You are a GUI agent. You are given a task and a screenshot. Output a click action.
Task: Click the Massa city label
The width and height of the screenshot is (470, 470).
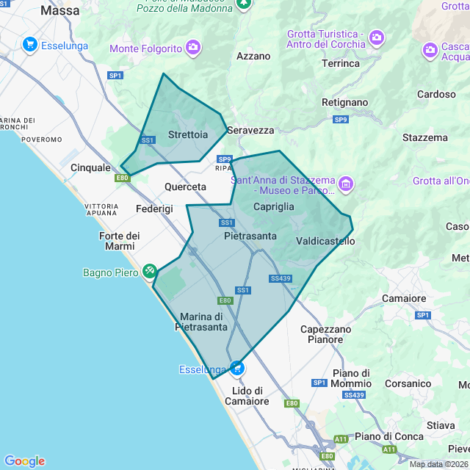(x=60, y=11)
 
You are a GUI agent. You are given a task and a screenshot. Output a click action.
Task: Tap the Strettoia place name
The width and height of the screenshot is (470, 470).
(x=187, y=135)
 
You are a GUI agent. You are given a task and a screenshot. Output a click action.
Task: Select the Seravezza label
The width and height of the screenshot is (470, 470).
(x=250, y=130)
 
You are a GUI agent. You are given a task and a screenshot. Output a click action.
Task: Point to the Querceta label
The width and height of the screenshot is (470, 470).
(x=185, y=187)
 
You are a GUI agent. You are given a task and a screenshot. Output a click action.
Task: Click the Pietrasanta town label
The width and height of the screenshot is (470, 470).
(x=250, y=236)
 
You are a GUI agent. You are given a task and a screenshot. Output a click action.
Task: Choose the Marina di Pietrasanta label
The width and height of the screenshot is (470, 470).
(x=200, y=322)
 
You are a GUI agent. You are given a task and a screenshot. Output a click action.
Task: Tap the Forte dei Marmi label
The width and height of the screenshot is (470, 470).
(x=119, y=240)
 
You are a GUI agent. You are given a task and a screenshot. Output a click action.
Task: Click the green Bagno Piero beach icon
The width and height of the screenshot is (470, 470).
(x=150, y=272)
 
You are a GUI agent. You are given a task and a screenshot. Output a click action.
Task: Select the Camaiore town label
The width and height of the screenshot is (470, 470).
(x=404, y=299)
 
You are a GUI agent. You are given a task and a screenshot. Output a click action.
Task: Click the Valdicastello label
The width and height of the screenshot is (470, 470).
(x=325, y=241)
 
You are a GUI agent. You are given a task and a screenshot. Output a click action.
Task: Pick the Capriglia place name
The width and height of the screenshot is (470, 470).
(x=273, y=207)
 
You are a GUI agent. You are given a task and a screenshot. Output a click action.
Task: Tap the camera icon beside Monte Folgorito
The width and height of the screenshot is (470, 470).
(x=193, y=48)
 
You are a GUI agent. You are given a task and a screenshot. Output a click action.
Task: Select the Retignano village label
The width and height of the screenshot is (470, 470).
(x=344, y=102)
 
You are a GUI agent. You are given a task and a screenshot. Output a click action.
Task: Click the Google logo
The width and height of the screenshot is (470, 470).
(x=24, y=461)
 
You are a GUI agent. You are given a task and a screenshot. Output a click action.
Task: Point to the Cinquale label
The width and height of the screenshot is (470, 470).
(x=90, y=167)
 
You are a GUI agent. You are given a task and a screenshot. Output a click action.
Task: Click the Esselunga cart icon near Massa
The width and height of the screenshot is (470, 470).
(x=30, y=45)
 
